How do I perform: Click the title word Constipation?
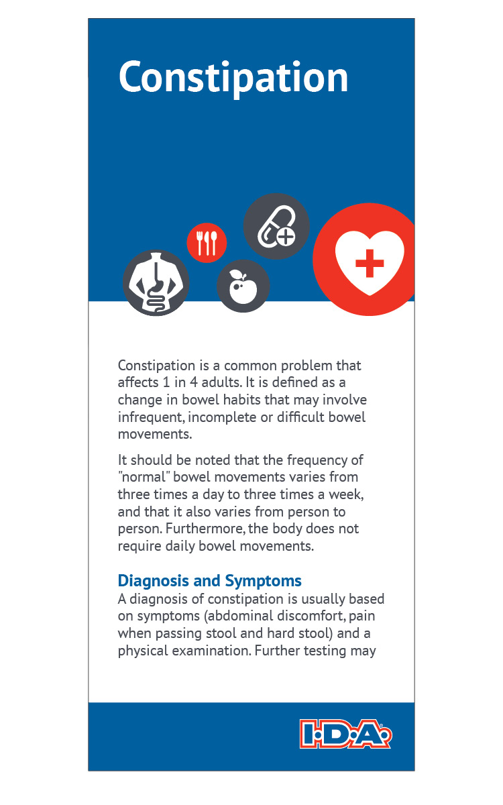[x=233, y=78]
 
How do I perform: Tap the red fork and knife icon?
[x=207, y=243]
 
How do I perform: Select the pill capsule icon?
[x=276, y=226]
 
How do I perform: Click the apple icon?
[x=243, y=286]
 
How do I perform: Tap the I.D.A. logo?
[x=345, y=734]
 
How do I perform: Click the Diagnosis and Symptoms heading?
[x=209, y=581]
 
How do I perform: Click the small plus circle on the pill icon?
[x=286, y=236]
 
